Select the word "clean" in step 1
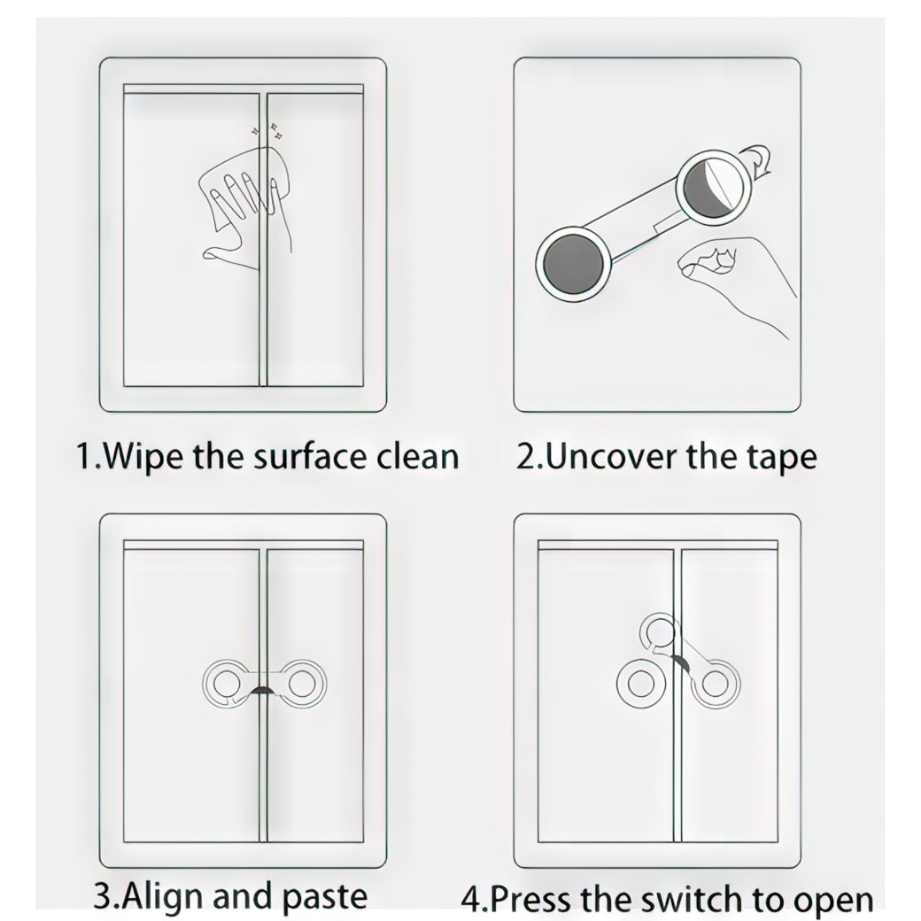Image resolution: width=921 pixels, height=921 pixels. point(418,456)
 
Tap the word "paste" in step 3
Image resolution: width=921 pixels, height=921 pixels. point(325,897)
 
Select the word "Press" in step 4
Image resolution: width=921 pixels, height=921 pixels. point(531,899)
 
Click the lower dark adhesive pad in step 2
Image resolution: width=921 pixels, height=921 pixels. point(573,263)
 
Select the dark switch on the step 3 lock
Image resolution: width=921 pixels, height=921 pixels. point(263,690)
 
